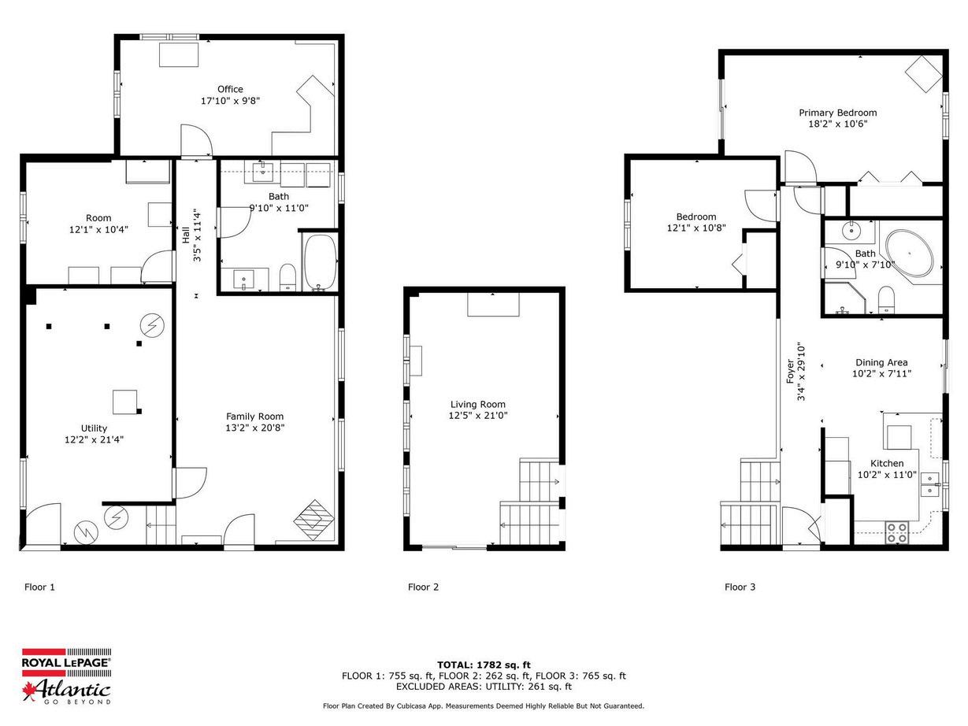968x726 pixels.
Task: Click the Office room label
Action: (230, 89)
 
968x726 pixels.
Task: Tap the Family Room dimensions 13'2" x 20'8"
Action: (254, 428)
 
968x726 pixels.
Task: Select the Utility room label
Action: (94, 428)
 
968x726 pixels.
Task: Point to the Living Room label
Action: (477, 404)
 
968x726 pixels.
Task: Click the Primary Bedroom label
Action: (837, 113)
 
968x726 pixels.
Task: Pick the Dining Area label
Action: (881, 362)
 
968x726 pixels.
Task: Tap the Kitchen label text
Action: (887, 463)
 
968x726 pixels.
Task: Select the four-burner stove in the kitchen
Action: (896, 532)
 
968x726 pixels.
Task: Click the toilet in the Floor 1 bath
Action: (287, 277)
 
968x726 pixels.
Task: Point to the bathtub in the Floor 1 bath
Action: (320, 262)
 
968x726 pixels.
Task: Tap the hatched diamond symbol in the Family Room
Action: (313, 520)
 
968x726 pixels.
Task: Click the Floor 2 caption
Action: (423, 587)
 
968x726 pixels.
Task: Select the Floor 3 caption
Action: (740, 587)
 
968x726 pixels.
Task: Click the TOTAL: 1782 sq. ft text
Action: (484, 665)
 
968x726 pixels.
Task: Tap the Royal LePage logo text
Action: (66, 662)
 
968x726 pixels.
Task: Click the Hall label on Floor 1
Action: (186, 235)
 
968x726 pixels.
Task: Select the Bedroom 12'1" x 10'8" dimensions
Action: (696, 228)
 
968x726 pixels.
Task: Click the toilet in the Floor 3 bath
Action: (885, 299)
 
